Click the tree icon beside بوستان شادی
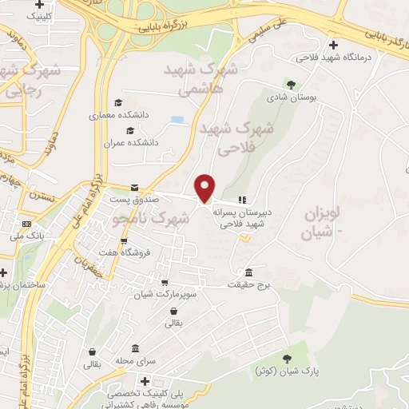pos(289,84)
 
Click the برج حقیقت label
pos(249,284)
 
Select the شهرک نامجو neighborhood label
pos(151,216)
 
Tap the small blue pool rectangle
pos(177,120)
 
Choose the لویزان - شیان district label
pos(321,224)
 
